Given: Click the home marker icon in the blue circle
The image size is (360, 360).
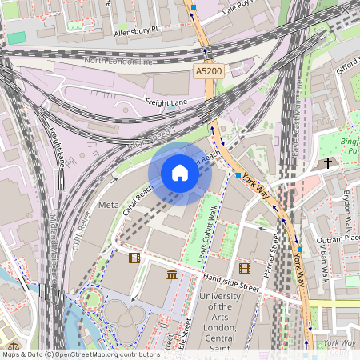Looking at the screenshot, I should point(180,173).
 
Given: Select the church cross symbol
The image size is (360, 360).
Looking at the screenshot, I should point(327,163).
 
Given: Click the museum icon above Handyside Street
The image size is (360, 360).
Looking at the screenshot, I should point(172,275).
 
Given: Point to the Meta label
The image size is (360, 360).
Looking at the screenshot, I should point(108,205).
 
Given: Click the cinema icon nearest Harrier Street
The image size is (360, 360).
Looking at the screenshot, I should point(244,268).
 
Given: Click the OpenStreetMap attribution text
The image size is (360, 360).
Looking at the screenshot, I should point(81,354).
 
